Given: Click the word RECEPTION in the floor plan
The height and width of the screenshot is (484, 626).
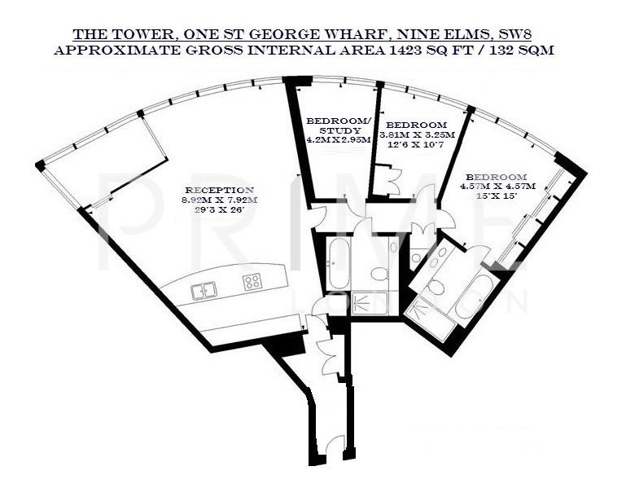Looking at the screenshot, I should [x=220, y=190].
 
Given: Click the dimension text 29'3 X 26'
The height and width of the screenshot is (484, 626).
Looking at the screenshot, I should [x=220, y=209].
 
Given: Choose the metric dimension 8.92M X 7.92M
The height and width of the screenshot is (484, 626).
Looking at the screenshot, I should [x=220, y=200].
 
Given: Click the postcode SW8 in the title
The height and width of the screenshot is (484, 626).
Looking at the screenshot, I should [x=532, y=34].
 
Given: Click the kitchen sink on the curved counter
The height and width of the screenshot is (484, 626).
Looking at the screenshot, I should [x=204, y=289].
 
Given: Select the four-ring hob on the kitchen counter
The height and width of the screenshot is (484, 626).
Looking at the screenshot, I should [x=252, y=282].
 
